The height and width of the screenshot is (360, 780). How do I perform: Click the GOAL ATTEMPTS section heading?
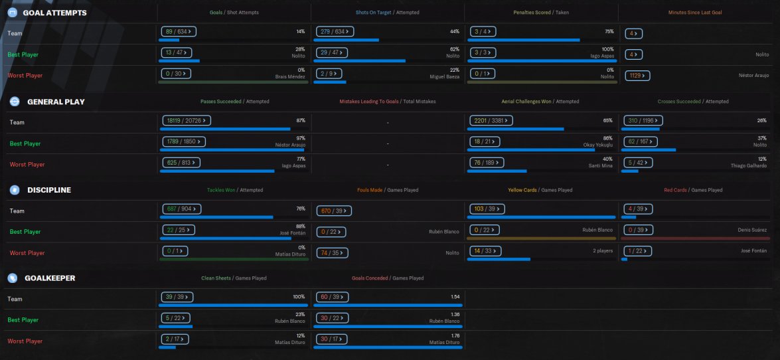coord(54,13)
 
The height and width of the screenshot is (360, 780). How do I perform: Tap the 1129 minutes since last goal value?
coord(637,76)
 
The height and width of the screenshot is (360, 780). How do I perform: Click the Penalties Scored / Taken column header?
coord(540,13)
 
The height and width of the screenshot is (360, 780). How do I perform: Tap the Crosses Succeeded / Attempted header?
coord(692,102)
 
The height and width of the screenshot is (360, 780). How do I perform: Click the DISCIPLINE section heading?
coord(49,190)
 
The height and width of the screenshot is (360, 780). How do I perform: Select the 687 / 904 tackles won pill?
coord(179,209)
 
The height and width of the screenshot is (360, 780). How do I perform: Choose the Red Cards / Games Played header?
coord(693,190)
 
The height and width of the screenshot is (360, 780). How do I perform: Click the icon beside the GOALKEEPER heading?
coord(13,278)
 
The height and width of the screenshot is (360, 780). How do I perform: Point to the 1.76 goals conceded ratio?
coord(455,335)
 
